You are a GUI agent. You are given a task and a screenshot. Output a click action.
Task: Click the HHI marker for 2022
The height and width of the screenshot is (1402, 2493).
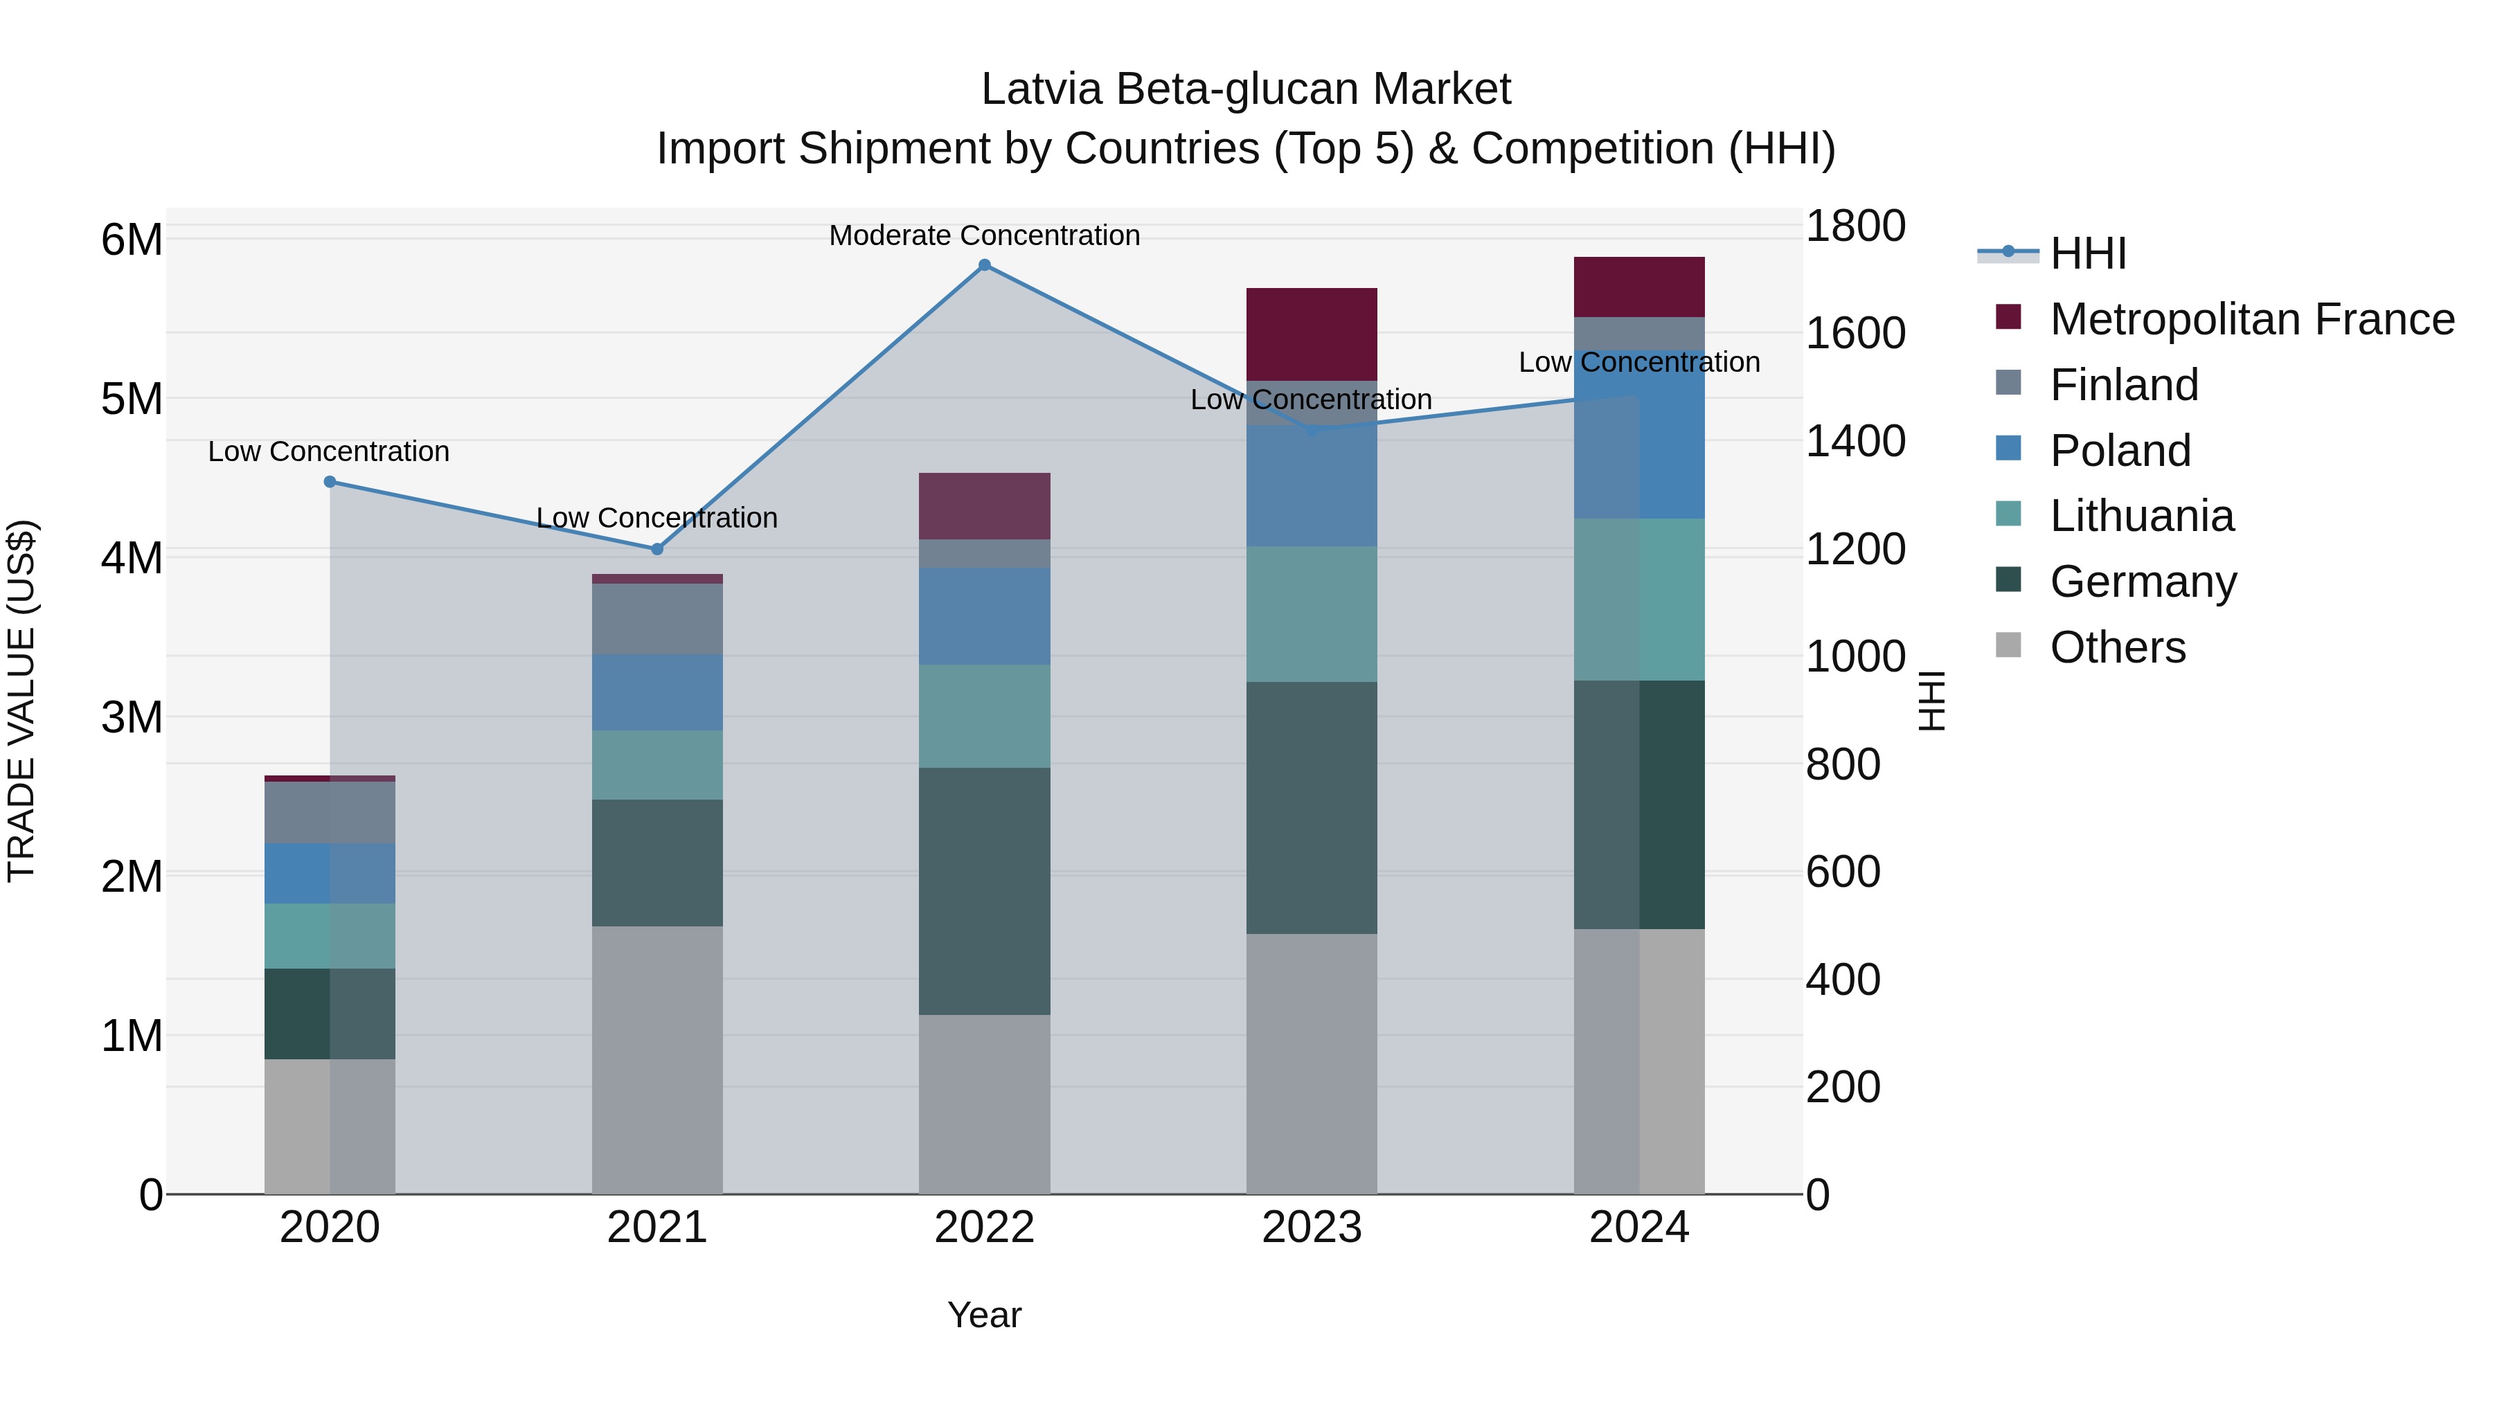tap(984, 265)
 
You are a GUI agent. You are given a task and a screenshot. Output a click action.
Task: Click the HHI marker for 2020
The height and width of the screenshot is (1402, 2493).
tap(330, 482)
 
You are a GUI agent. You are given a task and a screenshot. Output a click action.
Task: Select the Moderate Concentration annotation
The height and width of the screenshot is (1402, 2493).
tap(984, 236)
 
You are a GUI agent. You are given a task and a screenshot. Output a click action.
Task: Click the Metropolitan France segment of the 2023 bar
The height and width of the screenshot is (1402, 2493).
tap(1312, 334)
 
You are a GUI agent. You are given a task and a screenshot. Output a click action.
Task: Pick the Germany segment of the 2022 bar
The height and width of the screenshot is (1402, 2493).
tap(984, 891)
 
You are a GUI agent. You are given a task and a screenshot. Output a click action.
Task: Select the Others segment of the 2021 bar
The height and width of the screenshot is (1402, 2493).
tap(657, 1059)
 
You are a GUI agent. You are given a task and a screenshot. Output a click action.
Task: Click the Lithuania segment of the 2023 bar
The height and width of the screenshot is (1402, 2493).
tap(1312, 614)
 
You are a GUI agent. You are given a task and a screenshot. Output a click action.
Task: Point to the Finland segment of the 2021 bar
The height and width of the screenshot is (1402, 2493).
tap(657, 619)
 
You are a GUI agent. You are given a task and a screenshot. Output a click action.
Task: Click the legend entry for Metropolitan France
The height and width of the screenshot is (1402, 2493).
tap(2251, 319)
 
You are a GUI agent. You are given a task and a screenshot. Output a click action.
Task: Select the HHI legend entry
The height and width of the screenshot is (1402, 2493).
tap(2087, 253)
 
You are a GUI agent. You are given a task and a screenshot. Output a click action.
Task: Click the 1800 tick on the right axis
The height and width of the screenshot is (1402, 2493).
tap(1855, 226)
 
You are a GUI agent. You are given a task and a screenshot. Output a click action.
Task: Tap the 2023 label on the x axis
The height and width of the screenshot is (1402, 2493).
tap(1312, 1228)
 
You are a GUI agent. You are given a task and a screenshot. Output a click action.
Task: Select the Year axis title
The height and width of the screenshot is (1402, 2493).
tap(984, 1315)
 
